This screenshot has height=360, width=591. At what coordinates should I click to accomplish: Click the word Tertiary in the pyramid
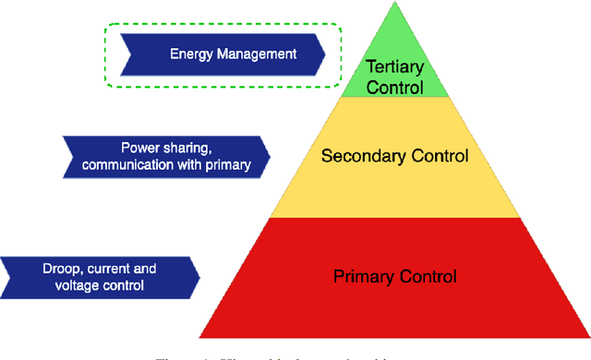pyautogui.click(x=394, y=67)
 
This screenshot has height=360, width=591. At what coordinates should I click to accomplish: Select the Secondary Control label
pyautogui.click(x=394, y=155)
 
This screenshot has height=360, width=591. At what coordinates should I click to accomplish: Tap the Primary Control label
pyautogui.click(x=394, y=275)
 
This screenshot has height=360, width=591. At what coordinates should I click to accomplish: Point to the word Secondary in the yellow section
pyautogui.click(x=357, y=155)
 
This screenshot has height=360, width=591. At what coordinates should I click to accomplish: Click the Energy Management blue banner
pyautogui.click(x=222, y=54)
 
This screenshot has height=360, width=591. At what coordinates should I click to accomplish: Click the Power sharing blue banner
pyautogui.click(x=166, y=156)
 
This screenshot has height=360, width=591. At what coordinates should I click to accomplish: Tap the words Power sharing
pyautogui.click(x=165, y=148)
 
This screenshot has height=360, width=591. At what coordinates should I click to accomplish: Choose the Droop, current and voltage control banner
pyautogui.click(x=99, y=277)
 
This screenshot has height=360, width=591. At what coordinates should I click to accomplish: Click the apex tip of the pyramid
pyautogui.click(x=394, y=4)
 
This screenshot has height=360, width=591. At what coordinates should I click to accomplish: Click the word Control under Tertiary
pyautogui.click(x=394, y=87)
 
